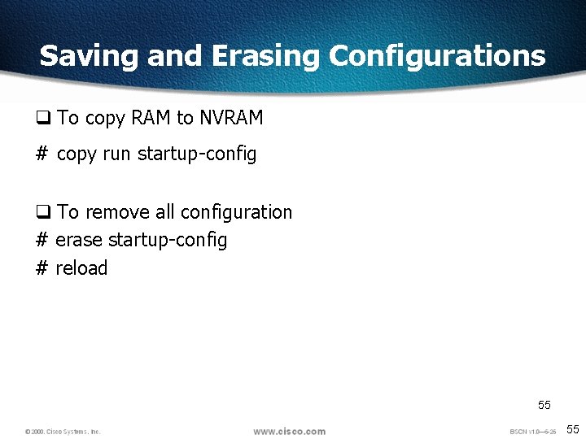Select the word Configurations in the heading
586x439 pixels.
click(437, 55)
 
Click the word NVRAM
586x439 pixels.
click(231, 118)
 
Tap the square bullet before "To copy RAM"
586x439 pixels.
click(43, 119)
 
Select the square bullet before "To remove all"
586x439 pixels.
click(43, 213)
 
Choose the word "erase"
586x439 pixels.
click(79, 240)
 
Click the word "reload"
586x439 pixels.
click(81, 268)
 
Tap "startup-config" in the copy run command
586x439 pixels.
click(197, 154)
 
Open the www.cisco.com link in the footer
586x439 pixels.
click(289, 431)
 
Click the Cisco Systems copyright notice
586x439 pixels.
click(62, 431)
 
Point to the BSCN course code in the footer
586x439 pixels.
click(532, 431)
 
